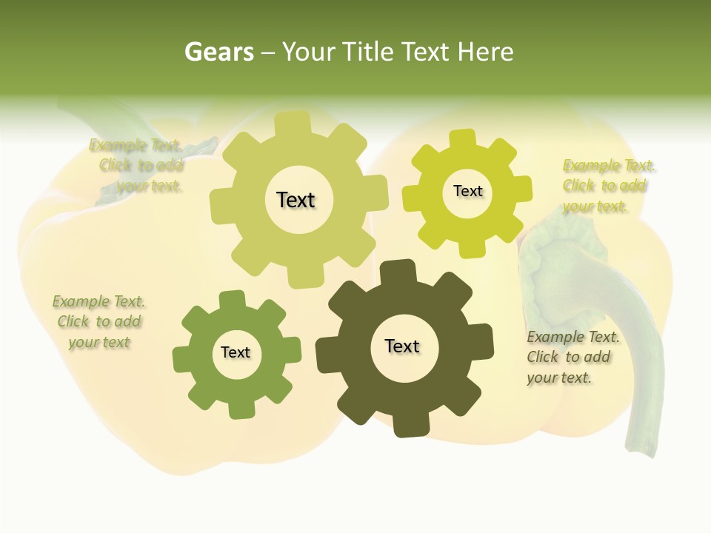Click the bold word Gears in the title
(218, 52)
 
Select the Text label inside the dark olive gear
(402, 346)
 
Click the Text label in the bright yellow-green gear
(467, 191)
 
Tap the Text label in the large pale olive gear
(296, 200)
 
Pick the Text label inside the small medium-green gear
(236, 352)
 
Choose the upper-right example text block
(607, 186)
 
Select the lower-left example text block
(99, 322)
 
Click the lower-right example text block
(571, 357)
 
